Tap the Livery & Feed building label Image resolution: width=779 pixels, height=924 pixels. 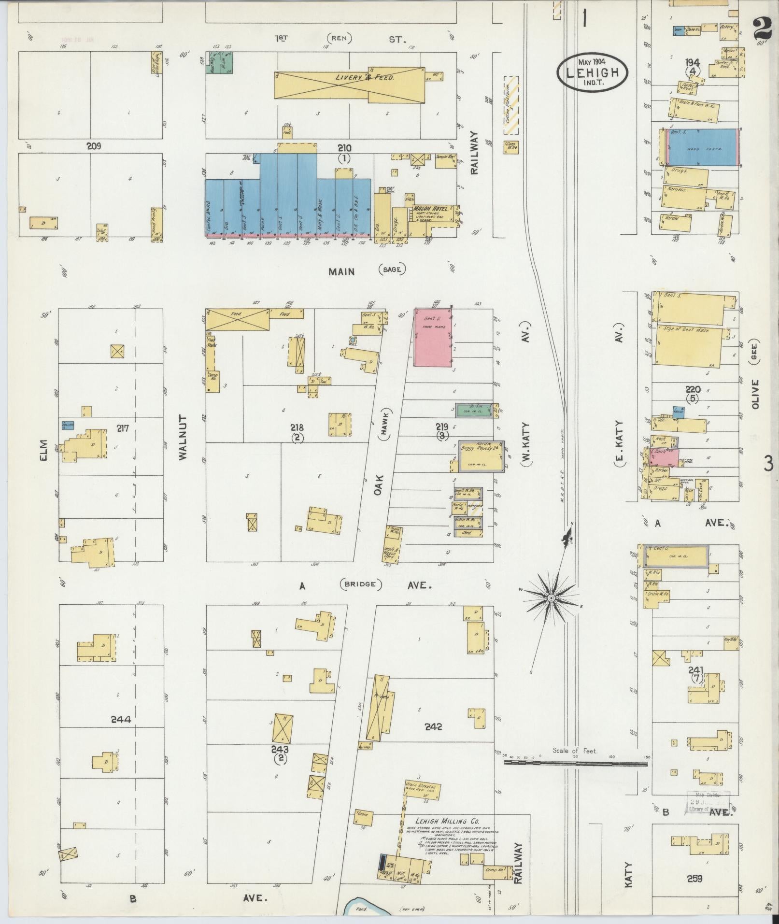click(365, 78)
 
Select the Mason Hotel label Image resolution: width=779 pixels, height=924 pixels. click(430, 209)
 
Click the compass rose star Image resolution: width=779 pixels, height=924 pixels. click(551, 597)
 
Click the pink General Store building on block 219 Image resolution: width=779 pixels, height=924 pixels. click(433, 338)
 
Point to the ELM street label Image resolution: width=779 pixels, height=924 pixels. click(44, 450)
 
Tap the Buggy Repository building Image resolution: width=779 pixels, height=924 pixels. click(481, 455)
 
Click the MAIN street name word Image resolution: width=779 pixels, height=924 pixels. click(341, 271)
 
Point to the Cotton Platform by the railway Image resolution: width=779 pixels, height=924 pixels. click(511, 105)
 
